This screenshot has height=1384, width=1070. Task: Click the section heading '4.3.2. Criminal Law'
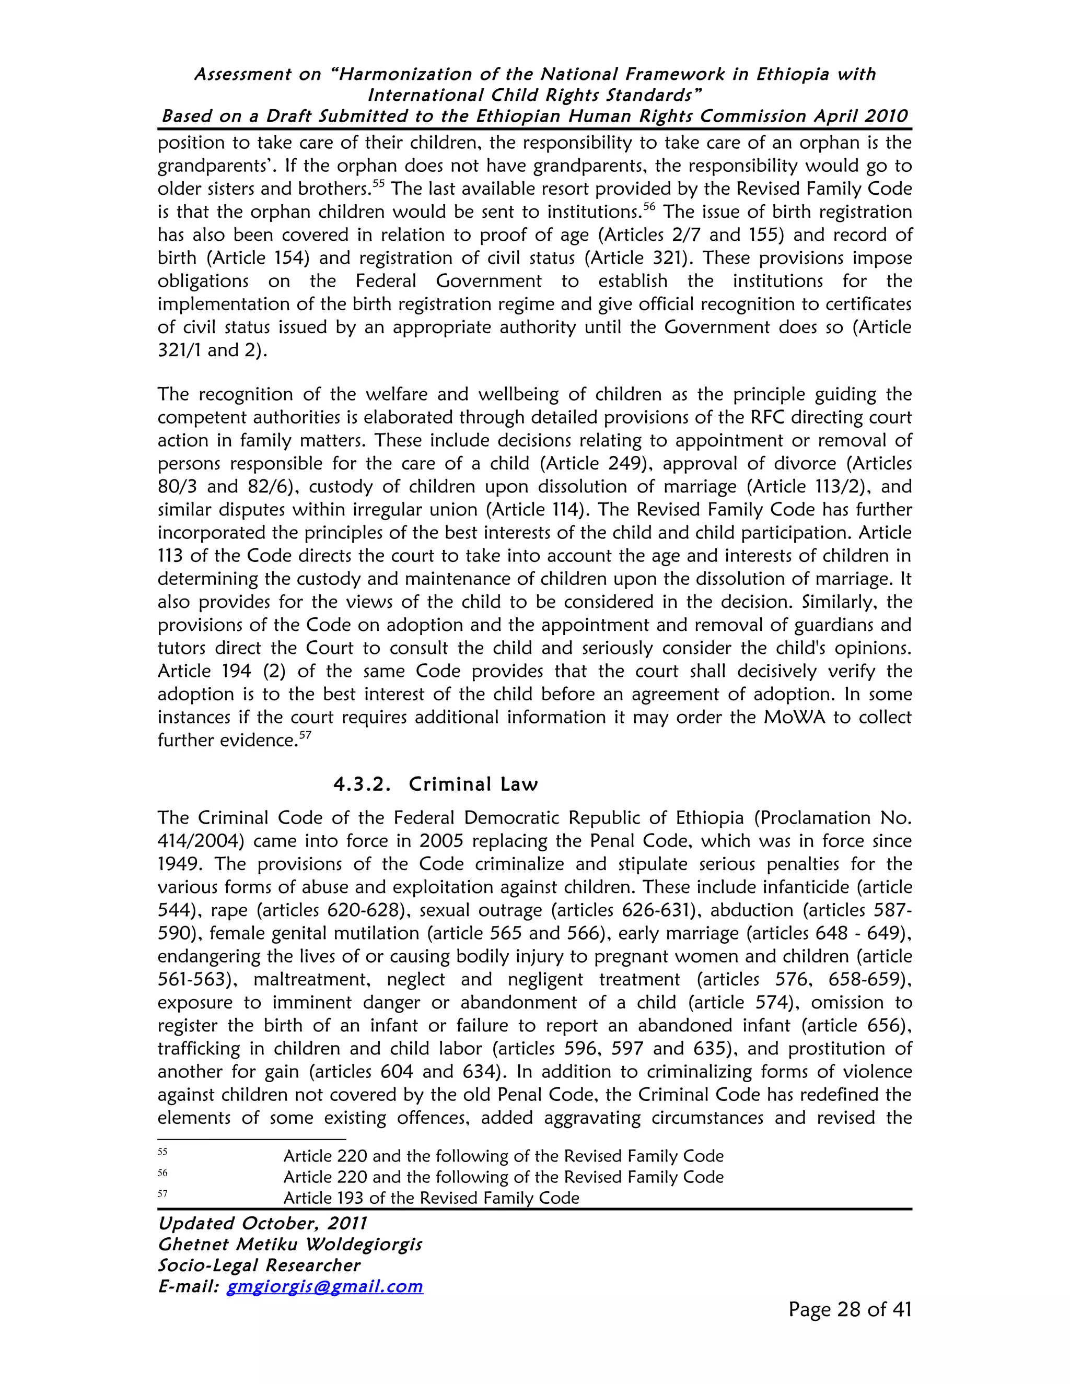(x=436, y=784)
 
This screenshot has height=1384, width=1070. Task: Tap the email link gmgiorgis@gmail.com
(x=324, y=1286)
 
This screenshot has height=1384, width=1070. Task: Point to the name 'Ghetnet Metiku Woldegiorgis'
(x=289, y=1245)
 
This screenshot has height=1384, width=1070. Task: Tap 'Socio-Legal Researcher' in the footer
(x=259, y=1265)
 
